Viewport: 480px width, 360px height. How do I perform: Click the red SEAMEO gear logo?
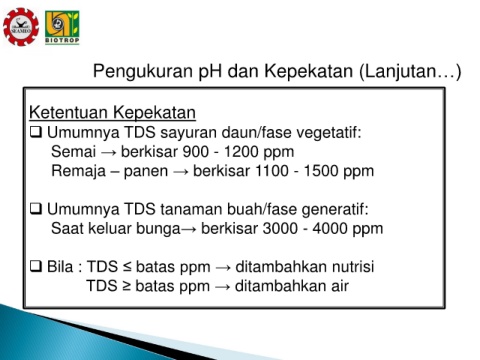(x=21, y=27)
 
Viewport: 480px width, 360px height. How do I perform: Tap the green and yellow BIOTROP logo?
(x=62, y=28)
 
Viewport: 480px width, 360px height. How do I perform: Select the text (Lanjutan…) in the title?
(x=410, y=72)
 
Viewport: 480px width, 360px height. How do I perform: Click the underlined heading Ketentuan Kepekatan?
(x=112, y=112)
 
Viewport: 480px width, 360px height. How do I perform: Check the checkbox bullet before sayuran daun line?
(x=36, y=132)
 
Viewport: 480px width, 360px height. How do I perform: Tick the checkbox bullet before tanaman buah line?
(x=36, y=209)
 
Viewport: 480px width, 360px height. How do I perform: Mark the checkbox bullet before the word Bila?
(x=36, y=266)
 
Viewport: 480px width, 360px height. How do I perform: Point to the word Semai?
(x=73, y=152)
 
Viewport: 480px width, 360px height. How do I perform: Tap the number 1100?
(x=271, y=171)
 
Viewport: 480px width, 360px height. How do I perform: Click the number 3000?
(x=280, y=229)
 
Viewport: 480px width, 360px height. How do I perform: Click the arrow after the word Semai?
(x=109, y=153)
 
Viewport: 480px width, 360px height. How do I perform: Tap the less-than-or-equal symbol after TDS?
(x=127, y=267)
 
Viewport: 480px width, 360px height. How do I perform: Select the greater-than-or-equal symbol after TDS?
(x=126, y=286)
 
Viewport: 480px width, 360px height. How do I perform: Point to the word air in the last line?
(x=340, y=286)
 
